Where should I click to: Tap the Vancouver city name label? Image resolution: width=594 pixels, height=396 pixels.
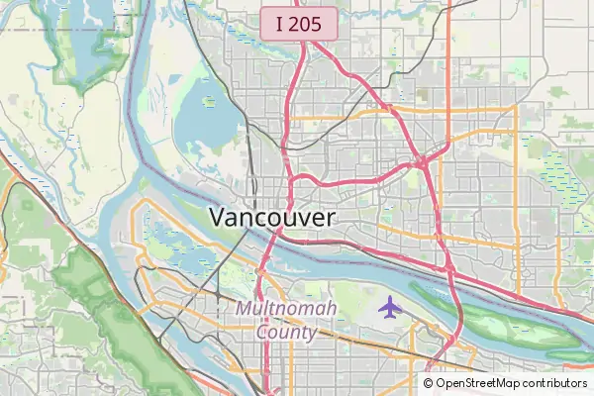tap(272, 218)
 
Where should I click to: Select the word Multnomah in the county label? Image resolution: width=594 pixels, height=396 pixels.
tap(286, 310)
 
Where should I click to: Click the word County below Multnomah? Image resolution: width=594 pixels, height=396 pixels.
tap(286, 332)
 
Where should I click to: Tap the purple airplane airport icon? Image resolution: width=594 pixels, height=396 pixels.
tap(390, 307)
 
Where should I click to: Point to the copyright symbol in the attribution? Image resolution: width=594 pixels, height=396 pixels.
tap(429, 383)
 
